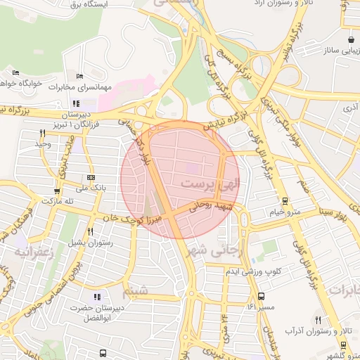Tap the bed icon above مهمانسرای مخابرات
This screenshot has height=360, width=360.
(79, 76)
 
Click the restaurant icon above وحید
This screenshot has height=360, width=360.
(42, 133)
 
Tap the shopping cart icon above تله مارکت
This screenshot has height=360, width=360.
(56, 191)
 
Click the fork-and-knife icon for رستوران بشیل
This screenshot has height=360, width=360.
(90, 231)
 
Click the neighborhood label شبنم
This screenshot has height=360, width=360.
(135, 290)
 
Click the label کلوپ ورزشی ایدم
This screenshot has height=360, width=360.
(258, 271)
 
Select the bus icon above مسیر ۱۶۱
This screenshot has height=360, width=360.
(262, 296)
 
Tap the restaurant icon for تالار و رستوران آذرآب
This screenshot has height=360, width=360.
(318, 319)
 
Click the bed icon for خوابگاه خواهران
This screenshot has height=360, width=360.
(16, 72)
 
